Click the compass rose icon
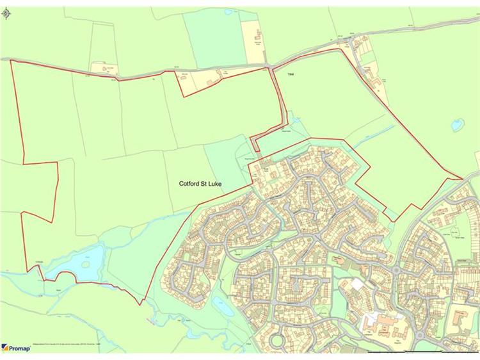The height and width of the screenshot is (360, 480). tap(7, 12)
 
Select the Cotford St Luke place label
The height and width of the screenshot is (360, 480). tap(204, 183)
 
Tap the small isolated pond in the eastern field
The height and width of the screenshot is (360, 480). tap(457, 125)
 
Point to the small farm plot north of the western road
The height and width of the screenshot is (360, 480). tap(103, 67)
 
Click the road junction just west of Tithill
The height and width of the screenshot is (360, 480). tap(273, 65)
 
